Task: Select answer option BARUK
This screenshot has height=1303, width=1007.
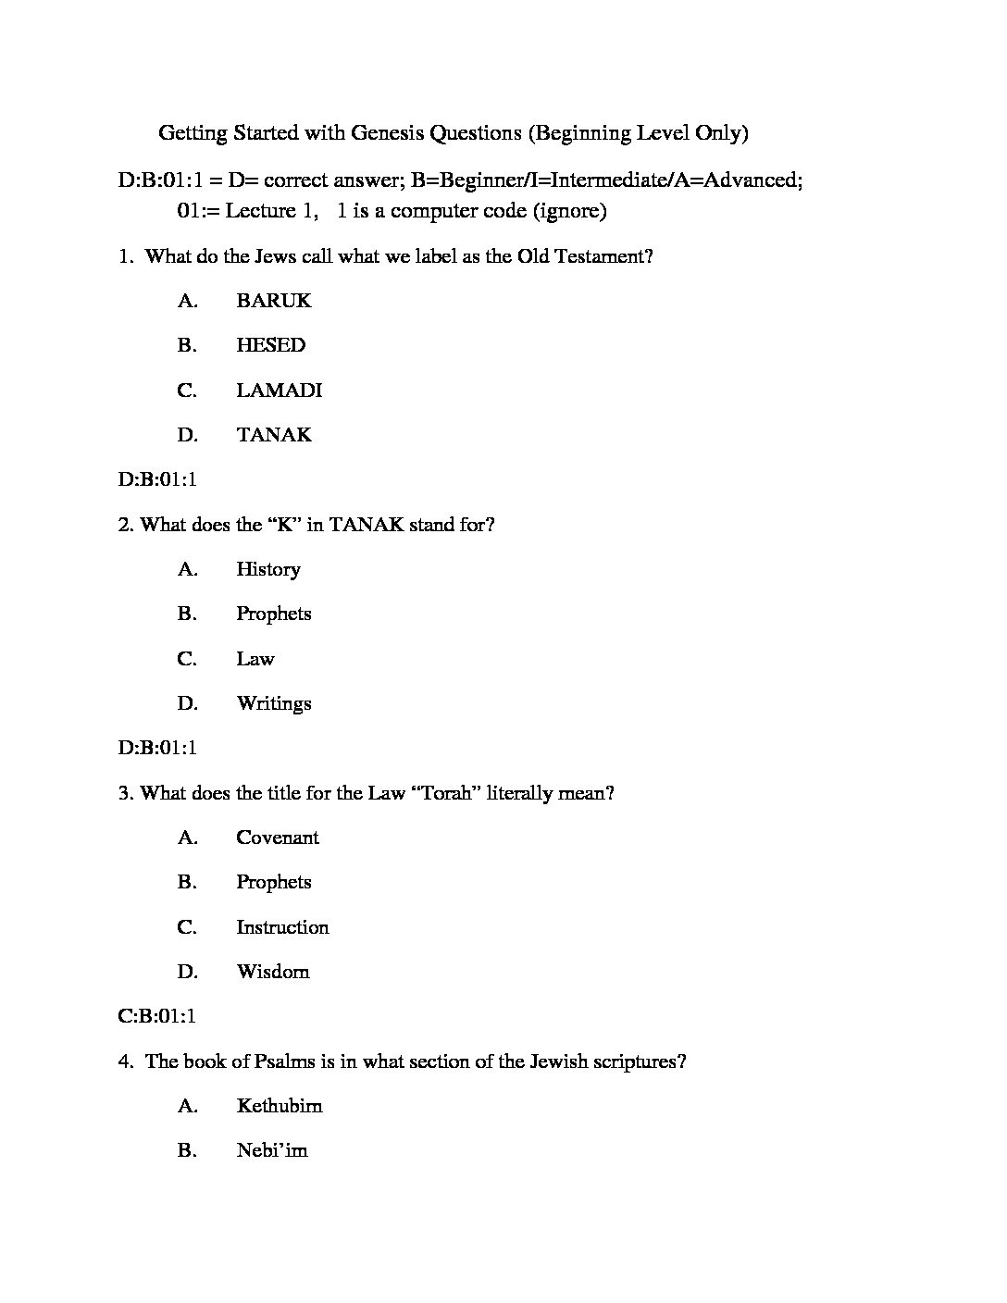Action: [274, 301]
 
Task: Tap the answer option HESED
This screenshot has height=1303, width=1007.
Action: [270, 345]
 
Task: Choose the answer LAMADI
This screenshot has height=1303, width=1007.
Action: [279, 391]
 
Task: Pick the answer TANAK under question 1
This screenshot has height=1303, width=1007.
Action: [274, 435]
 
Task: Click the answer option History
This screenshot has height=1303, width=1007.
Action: [268, 569]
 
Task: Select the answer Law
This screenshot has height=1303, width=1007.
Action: [255, 659]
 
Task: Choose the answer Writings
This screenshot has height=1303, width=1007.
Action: [274, 703]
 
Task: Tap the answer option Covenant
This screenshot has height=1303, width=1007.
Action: [278, 838]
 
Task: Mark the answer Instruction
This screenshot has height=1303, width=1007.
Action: [282, 927]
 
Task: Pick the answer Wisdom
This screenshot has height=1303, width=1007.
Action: [273, 972]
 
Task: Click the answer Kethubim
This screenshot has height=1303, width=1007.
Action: [280, 1106]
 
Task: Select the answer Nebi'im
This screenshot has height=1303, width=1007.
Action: [272, 1150]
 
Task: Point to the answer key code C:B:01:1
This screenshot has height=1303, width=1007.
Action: [157, 1016]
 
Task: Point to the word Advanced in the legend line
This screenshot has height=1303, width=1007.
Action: [752, 180]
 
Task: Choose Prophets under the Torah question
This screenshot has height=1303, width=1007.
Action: [274, 882]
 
